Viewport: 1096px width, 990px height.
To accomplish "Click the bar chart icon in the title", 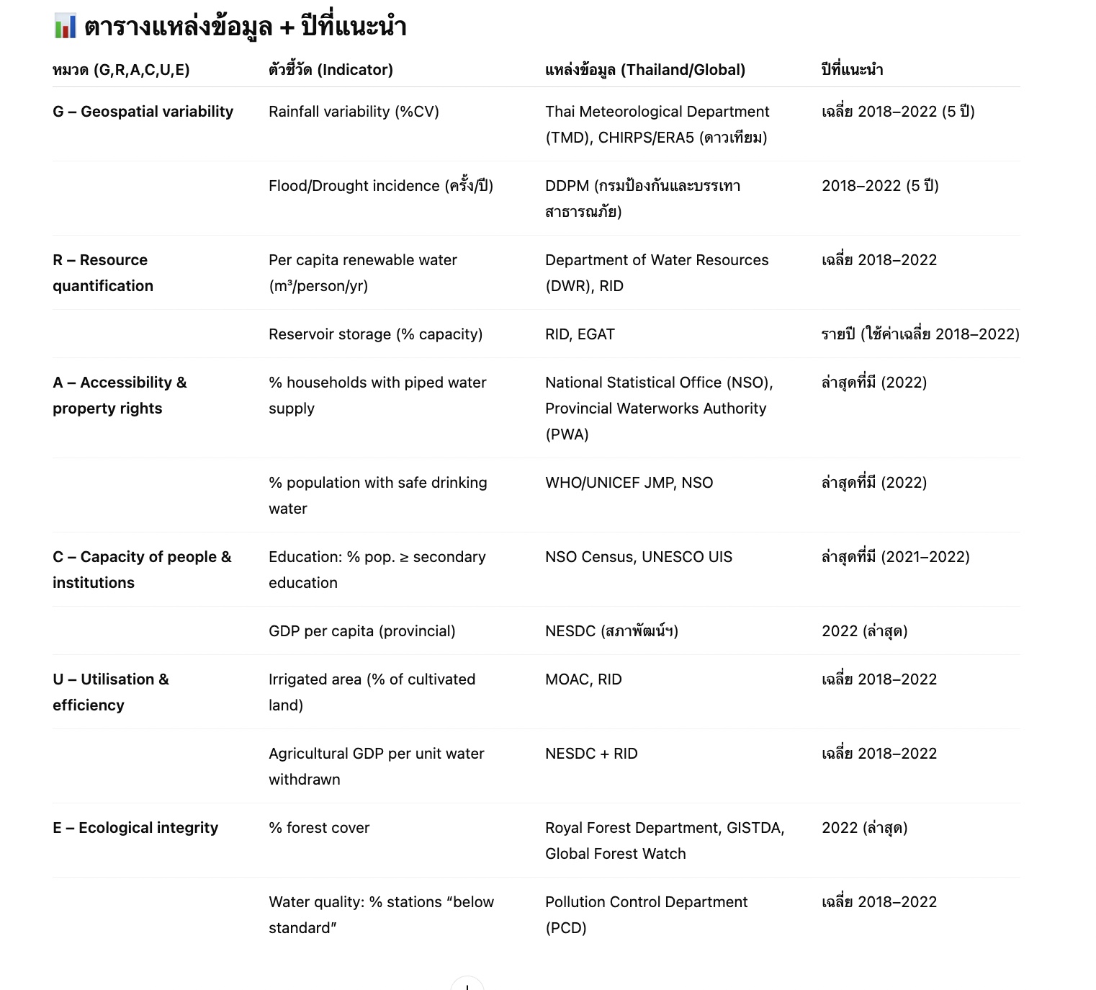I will (x=66, y=27).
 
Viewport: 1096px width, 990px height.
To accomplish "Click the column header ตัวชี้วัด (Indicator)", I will (x=331, y=70).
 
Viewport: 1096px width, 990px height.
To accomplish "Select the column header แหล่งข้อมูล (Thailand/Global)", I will (x=644, y=70).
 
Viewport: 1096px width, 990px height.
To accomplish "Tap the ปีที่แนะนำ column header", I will (x=852, y=70).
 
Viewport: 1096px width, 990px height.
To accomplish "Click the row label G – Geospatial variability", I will (x=143, y=112).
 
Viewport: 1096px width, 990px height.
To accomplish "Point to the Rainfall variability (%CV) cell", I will (x=354, y=112).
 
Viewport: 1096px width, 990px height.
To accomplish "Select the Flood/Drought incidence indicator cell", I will (x=380, y=186).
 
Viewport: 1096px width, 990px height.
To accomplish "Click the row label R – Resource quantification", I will (x=103, y=273).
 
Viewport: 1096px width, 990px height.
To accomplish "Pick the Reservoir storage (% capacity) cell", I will (x=375, y=334).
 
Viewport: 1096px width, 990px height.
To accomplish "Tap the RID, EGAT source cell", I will (x=580, y=334).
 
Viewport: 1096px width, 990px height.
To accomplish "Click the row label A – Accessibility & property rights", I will (x=120, y=396).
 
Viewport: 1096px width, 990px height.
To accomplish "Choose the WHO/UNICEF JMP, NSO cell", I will (x=629, y=483).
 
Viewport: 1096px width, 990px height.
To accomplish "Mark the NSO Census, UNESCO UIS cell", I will (x=638, y=557).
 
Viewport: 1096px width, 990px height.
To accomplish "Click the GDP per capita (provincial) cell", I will (x=361, y=631).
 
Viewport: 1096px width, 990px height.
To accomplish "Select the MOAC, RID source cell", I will (x=583, y=679).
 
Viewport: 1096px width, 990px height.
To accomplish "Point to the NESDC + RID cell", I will (x=591, y=754).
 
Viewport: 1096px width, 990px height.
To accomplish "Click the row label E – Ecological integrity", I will (x=135, y=828).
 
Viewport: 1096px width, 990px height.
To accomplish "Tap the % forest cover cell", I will (x=318, y=828).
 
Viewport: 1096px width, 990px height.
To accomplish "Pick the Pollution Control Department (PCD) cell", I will (x=646, y=914).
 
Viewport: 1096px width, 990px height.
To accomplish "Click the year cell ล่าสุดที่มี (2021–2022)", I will (x=895, y=557).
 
